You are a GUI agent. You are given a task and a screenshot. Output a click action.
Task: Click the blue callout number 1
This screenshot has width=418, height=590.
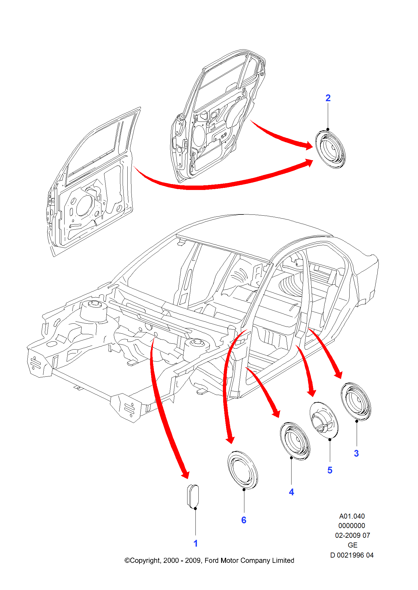pos(195,543)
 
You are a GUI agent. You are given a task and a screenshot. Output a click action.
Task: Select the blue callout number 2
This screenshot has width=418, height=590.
pos(328,98)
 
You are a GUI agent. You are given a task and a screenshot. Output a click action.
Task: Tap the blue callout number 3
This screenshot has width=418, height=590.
pos(356,453)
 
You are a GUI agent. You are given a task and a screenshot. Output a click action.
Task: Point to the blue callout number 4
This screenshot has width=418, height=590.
pos(291,492)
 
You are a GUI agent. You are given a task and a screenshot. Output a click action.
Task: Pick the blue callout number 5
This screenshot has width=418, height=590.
pos(330,470)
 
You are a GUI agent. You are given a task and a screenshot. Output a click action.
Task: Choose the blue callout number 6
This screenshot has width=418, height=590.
pos(243,520)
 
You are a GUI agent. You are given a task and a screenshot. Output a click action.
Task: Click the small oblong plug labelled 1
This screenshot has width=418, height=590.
pos(193,496)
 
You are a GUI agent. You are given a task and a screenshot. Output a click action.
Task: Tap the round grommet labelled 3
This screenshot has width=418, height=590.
pos(356,401)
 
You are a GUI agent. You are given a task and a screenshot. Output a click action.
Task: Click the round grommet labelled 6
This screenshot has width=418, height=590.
pos(243,470)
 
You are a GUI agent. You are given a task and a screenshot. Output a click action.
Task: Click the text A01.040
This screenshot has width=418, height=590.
pos(352,516)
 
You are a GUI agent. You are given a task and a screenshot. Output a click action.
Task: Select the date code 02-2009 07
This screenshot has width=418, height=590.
pos(352,535)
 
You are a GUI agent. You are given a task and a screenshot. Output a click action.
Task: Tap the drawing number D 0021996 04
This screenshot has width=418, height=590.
pos(352,555)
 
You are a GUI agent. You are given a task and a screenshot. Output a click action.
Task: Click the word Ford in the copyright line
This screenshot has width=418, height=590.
pos(211,560)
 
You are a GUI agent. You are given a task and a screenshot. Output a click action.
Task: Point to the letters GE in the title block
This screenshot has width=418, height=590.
pos(352,545)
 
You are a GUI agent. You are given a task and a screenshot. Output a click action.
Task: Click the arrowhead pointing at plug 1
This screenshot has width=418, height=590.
pos(185,474)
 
